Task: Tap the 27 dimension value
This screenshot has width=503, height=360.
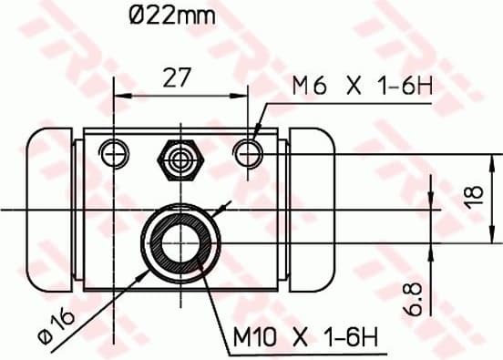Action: pyautogui.click(x=178, y=77)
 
